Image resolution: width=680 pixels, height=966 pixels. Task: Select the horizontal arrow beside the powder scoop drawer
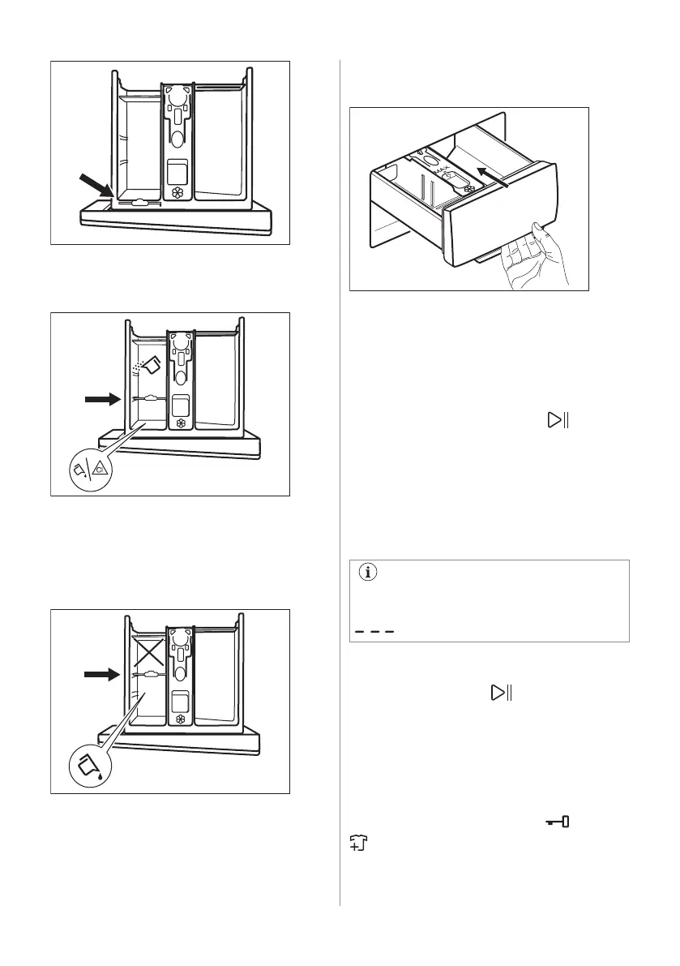click(101, 399)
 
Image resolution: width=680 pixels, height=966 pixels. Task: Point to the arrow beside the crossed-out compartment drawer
click(101, 672)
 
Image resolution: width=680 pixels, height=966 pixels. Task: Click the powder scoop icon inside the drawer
click(148, 365)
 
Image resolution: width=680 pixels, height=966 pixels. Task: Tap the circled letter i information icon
click(370, 572)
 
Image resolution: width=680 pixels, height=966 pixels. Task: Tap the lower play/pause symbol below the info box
click(501, 693)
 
